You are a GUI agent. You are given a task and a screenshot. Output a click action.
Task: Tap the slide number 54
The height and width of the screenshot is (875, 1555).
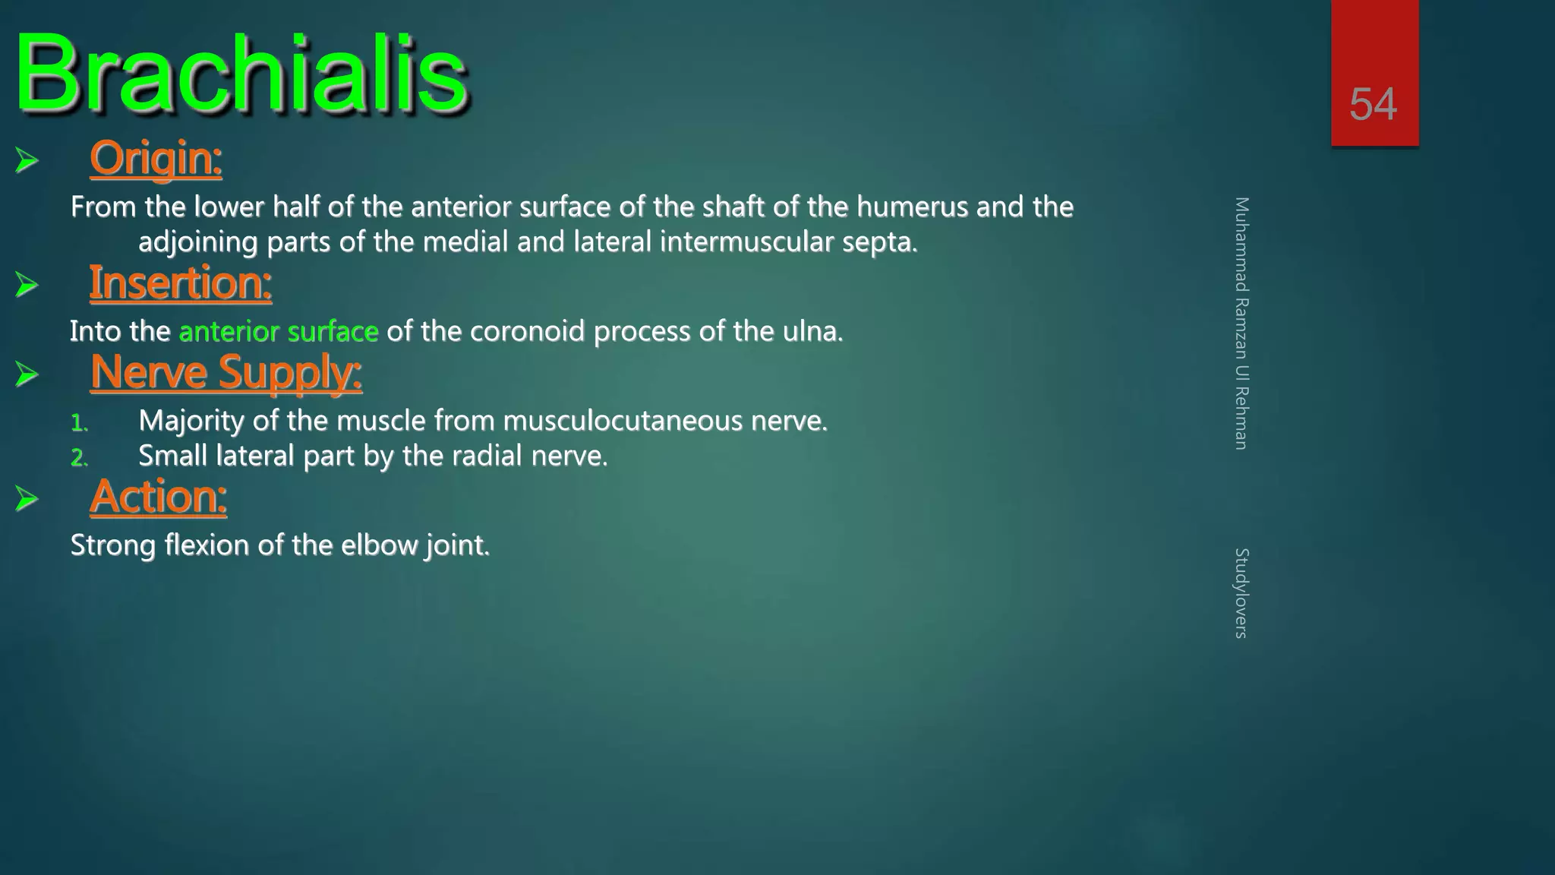coord(1373,104)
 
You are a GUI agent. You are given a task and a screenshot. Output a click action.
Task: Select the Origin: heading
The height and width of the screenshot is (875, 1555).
coord(156,159)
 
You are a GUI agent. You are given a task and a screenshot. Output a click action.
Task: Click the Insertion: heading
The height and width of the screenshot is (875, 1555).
coord(181,283)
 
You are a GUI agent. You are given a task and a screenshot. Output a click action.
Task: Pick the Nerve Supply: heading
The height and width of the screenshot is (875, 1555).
coord(226,373)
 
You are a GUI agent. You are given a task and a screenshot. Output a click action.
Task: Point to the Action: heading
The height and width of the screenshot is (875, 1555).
coord(158,498)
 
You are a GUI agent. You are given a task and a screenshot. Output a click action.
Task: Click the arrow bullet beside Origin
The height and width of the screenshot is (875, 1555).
coord(27,160)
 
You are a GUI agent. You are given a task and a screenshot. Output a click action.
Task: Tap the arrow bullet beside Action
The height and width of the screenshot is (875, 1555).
coord(27,499)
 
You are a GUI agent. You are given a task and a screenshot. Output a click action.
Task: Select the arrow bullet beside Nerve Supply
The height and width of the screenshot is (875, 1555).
coord(27,374)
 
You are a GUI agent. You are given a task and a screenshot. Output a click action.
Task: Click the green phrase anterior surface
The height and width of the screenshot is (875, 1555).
coord(278,332)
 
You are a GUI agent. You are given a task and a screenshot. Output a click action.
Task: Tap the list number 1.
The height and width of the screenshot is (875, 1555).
coord(79,423)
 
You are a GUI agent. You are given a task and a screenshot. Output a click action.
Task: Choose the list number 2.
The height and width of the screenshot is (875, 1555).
coord(79,458)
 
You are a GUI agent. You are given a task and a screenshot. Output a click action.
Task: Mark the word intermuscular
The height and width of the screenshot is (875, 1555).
coord(746,242)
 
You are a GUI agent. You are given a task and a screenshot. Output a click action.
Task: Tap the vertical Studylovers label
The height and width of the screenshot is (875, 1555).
coord(1241,592)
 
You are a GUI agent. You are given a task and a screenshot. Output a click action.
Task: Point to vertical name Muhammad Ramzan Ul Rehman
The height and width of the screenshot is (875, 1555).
coord(1241,323)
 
